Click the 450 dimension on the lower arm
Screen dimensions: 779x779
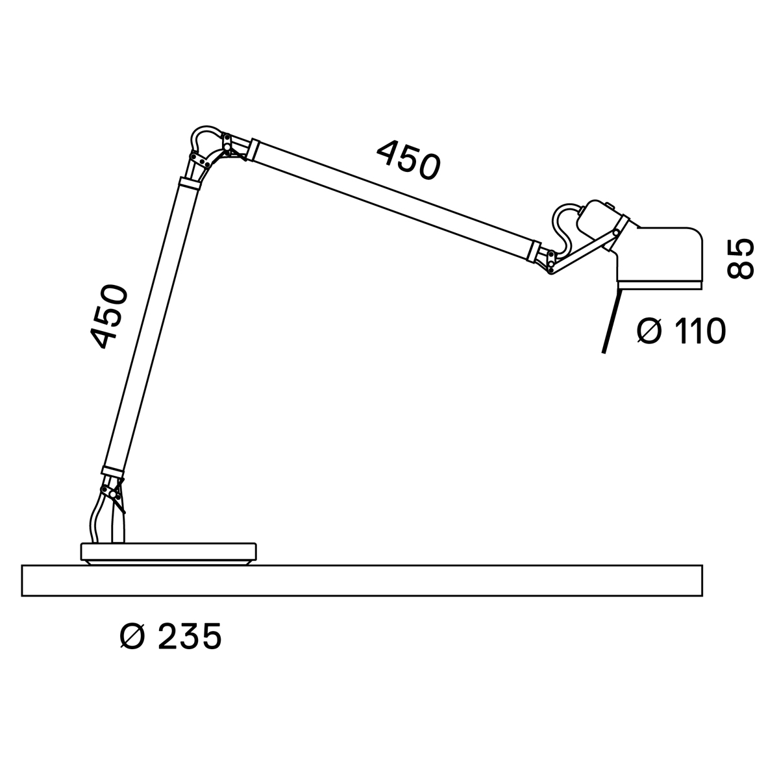[x=109, y=317]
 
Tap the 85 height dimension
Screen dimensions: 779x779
[x=740, y=259]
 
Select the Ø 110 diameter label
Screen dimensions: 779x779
[x=681, y=331]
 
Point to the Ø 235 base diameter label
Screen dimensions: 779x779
[x=171, y=637]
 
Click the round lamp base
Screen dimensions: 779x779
[x=169, y=554]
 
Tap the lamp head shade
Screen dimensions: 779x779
[x=659, y=258]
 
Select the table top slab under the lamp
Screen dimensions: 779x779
[x=362, y=580]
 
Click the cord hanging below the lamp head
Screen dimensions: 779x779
[x=610, y=321]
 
